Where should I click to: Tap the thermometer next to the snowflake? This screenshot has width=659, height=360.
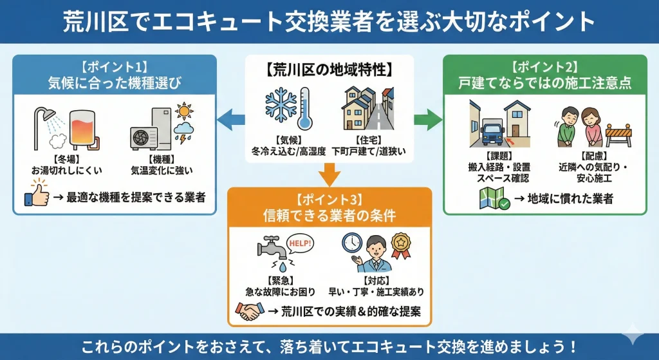click(304, 109)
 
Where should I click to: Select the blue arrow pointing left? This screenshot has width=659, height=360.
click(230, 119)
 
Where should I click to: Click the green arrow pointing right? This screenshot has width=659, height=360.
click(427, 119)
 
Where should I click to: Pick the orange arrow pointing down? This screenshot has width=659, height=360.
click(329, 173)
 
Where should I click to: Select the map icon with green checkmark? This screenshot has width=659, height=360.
click(492, 199)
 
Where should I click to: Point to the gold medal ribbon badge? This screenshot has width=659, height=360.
click(403, 245)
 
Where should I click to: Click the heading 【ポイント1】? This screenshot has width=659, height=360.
click(115, 66)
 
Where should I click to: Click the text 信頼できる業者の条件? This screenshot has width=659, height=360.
click(329, 216)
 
